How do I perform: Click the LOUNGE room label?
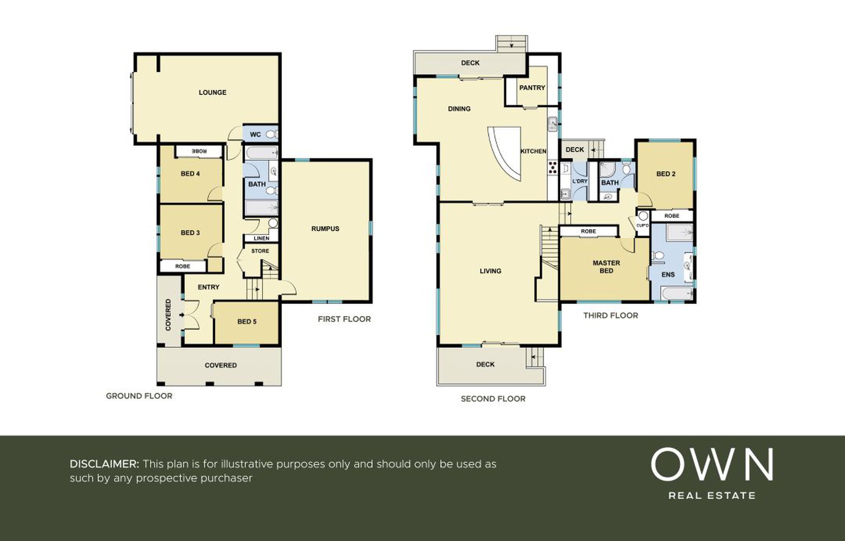pyautogui.click(x=213, y=93)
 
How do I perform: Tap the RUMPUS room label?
pyautogui.click(x=325, y=229)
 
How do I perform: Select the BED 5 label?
pyautogui.click(x=247, y=322)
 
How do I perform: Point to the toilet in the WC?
pyautogui.click(x=272, y=134)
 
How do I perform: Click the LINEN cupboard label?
pyautogui.click(x=261, y=238)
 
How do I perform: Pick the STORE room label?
pyautogui.click(x=260, y=251)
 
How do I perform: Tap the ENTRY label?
pyautogui.click(x=209, y=287)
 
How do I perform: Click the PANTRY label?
pyautogui.click(x=532, y=88)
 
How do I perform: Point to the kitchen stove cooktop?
pyautogui.click(x=552, y=167)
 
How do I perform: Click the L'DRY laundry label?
pyautogui.click(x=580, y=181)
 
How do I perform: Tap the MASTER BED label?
pyautogui.click(x=606, y=267)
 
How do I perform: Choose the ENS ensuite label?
pyautogui.click(x=668, y=274)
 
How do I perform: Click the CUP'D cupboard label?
pyautogui.click(x=642, y=226)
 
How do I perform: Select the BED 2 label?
pyautogui.click(x=666, y=174)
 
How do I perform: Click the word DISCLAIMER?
pyautogui.click(x=104, y=464)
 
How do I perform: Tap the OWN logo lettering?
pyautogui.click(x=712, y=464)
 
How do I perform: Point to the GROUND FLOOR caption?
pyautogui.click(x=139, y=396)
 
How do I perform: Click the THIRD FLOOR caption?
pyautogui.click(x=610, y=315)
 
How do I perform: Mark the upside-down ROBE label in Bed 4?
pyautogui.click(x=199, y=151)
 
